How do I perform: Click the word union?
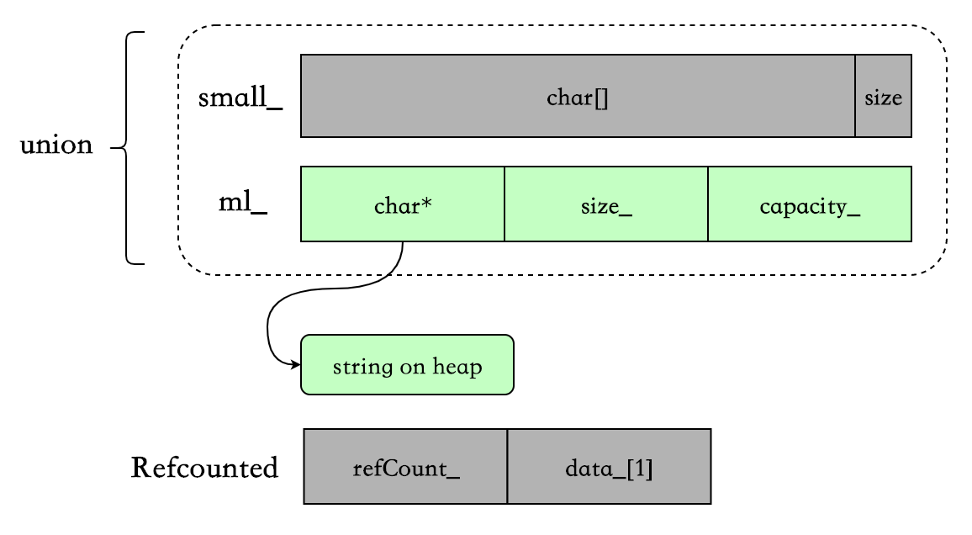tap(56, 145)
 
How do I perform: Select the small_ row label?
tap(240, 98)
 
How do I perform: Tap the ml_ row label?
tap(243, 202)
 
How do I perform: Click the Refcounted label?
tap(204, 468)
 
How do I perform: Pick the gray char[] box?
tap(578, 96)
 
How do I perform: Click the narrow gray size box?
tap(884, 96)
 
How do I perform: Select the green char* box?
tap(402, 204)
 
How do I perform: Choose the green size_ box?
tap(606, 204)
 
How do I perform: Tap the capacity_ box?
tap(810, 204)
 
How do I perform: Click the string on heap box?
tap(407, 364)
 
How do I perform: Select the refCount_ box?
tap(405, 466)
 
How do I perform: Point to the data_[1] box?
tap(610, 466)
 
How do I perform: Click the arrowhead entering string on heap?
tap(296, 364)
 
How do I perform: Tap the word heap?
tap(457, 367)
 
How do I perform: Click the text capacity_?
tap(810, 206)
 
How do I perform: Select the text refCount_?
tap(406, 468)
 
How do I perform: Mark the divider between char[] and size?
tap(855, 96)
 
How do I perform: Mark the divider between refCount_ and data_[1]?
tap(507, 466)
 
